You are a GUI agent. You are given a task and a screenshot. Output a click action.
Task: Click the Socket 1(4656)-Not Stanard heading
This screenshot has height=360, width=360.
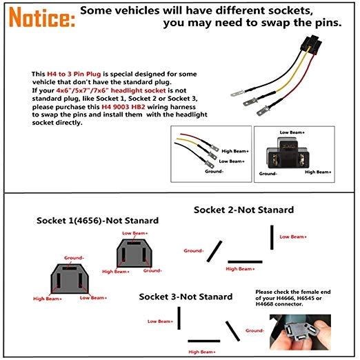coord(97,221)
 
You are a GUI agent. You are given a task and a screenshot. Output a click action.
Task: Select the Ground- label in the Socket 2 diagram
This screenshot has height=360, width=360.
coord(194,250)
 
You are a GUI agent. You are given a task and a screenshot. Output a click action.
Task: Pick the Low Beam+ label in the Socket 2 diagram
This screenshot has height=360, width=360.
coord(293,237)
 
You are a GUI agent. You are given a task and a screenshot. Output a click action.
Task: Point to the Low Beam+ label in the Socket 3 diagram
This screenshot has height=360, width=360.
coord(161,321)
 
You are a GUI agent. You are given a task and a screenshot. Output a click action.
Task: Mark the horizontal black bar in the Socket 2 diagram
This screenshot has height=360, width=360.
coord(245,261)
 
